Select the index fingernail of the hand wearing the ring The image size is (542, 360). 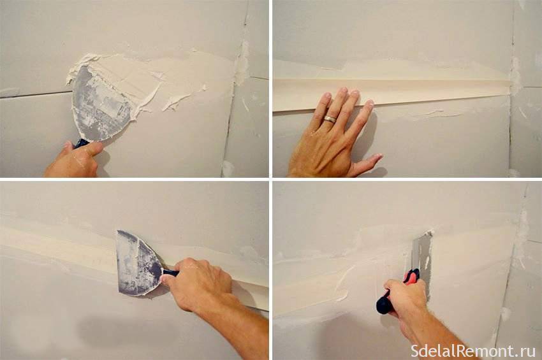coord(369,103)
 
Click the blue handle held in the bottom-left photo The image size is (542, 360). coord(170,273)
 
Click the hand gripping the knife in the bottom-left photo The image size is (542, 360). coord(197,284)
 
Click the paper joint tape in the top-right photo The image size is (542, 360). coord(391,92)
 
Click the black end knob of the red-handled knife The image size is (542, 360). coord(383,306)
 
